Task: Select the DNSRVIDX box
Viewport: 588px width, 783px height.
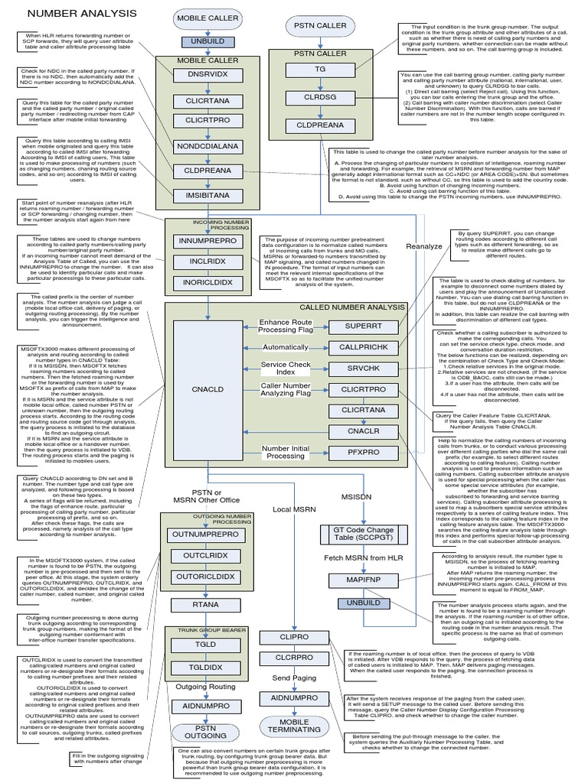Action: (x=208, y=73)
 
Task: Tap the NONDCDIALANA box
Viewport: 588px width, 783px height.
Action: (x=208, y=147)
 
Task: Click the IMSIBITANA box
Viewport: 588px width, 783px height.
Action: (x=208, y=195)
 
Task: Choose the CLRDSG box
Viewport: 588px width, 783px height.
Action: (x=312, y=98)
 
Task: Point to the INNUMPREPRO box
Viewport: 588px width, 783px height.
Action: (x=208, y=240)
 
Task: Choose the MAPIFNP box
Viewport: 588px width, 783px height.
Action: (x=353, y=580)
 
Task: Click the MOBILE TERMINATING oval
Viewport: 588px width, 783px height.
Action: (x=294, y=726)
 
